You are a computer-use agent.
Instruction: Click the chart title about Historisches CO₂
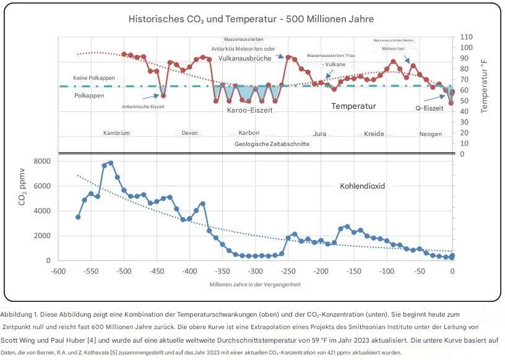[x=251, y=19]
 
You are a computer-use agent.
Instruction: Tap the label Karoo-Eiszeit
[x=251, y=110]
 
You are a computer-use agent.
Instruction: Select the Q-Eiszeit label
[x=429, y=108]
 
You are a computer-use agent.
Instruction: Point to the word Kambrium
[x=116, y=133]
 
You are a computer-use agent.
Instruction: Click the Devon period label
[x=190, y=133]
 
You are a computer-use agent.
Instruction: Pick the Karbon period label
[x=249, y=133]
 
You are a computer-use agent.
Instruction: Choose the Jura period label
[x=319, y=134]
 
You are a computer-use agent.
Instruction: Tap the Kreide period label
[x=374, y=134]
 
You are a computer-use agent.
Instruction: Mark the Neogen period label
[x=431, y=134]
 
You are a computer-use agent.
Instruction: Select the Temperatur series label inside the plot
[x=353, y=106]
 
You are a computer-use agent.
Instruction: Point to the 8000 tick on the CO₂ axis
[x=41, y=161]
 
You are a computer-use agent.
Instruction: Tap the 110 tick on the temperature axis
[x=466, y=37]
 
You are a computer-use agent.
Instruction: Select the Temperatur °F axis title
[x=484, y=85]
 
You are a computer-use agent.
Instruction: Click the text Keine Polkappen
[x=94, y=78]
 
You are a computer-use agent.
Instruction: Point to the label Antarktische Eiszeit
[x=143, y=106]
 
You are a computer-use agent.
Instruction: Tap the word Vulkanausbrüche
[x=246, y=58]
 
